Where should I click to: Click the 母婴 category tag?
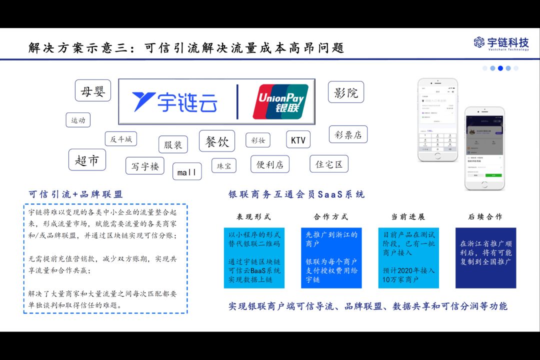coord(93,91)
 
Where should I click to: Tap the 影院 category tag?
coord(346,92)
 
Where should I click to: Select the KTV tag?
coord(298,140)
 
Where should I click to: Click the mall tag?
coord(187,172)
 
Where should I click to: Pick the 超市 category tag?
coord(87,160)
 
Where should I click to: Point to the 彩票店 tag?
coord(348,134)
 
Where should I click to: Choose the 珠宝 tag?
coord(223,165)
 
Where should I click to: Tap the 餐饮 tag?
coord(217,141)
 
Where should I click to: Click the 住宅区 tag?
coord(328,164)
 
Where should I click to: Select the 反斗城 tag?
coord(120,139)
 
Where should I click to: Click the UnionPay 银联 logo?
coord(280,101)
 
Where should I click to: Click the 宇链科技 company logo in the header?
coord(501,43)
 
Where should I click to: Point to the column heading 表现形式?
coord(253,217)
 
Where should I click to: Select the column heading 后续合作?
coord(485,217)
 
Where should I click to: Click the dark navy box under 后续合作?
coord(485,257)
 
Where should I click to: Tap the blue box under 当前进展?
coord(408,257)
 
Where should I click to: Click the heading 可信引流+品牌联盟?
coord(75,194)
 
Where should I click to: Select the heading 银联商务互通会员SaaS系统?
coord(296,194)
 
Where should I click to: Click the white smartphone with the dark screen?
coord(484,148)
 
